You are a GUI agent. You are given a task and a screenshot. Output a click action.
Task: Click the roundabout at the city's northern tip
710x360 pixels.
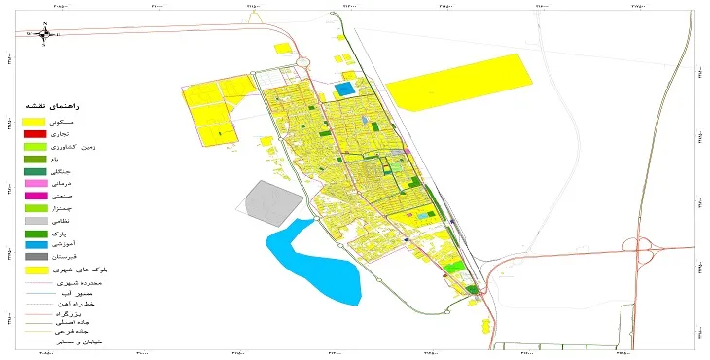click(x=304, y=63)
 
